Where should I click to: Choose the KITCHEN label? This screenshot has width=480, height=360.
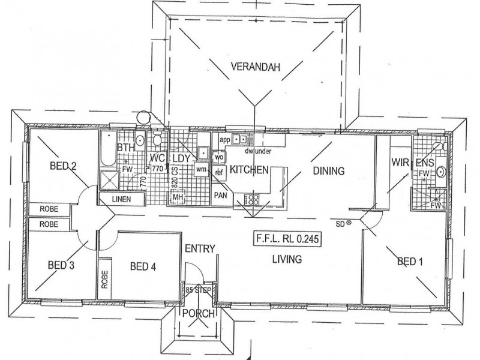(x=249, y=170)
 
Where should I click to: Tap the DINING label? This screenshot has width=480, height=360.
(x=329, y=171)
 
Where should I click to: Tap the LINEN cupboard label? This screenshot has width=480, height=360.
(x=121, y=199)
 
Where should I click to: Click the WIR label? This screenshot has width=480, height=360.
(x=400, y=161)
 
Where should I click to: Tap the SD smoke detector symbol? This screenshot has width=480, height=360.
(x=349, y=223)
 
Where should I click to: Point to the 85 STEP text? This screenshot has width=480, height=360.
(x=198, y=290)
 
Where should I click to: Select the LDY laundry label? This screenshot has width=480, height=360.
(x=181, y=158)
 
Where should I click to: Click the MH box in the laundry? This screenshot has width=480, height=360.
(x=178, y=197)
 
